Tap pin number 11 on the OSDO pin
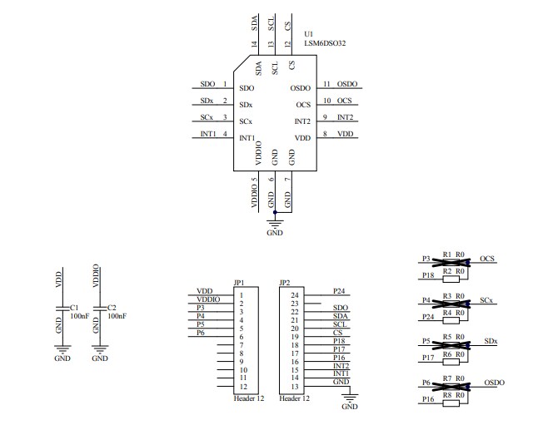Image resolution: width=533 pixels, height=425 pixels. tap(327, 85)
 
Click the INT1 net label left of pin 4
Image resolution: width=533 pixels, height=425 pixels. tap(208, 134)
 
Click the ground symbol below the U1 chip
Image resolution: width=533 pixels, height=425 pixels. tap(275, 223)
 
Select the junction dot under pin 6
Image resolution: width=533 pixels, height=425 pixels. tap(275, 211)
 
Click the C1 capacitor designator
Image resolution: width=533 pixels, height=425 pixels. tap(74, 307)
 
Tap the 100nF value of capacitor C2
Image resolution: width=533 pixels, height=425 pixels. tap(118, 316)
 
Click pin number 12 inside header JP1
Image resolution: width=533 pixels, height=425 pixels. tap(242, 386)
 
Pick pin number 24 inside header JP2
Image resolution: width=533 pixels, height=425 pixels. tap(294, 295)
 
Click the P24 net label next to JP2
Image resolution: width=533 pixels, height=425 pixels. tap(338, 291)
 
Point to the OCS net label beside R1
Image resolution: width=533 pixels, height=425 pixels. tap(487, 258)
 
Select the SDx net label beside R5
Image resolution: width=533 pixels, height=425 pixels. tap(491, 341)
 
